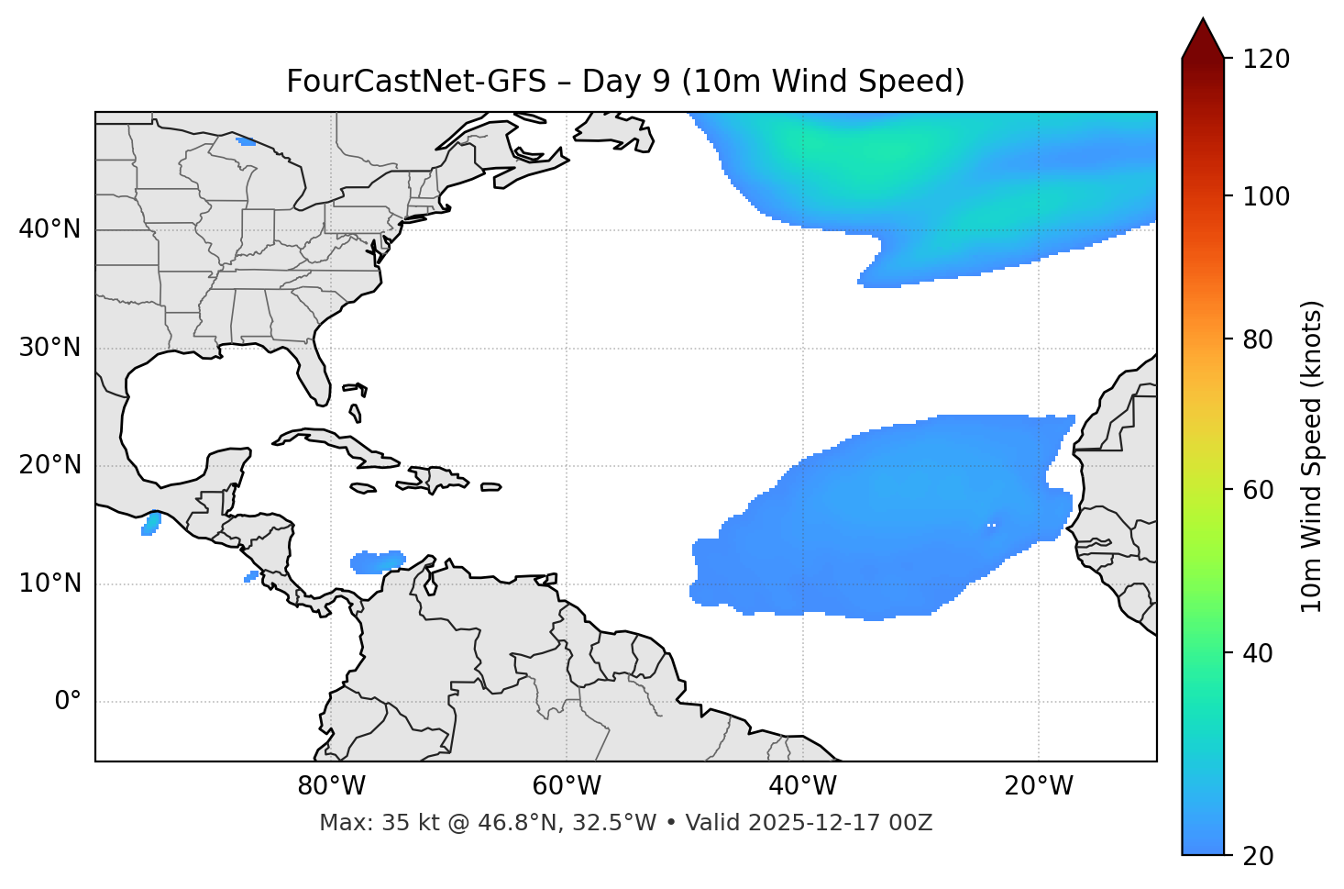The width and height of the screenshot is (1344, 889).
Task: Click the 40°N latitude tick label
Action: click(50, 229)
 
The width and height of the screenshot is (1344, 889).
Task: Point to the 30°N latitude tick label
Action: click(50, 348)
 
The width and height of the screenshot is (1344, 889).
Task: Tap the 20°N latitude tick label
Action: click(50, 465)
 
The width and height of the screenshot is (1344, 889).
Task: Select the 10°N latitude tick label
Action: click(50, 583)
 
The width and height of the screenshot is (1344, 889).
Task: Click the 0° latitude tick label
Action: click(67, 702)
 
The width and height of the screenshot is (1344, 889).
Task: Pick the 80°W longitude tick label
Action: click(331, 786)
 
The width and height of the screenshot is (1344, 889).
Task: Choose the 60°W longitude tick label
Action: click(567, 786)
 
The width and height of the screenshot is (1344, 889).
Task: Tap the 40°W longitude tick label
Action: click(802, 786)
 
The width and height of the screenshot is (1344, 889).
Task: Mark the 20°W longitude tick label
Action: click(1038, 786)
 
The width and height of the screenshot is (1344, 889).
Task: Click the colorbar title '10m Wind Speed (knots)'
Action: click(1312, 457)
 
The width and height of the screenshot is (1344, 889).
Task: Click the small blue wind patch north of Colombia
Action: click(377, 561)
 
